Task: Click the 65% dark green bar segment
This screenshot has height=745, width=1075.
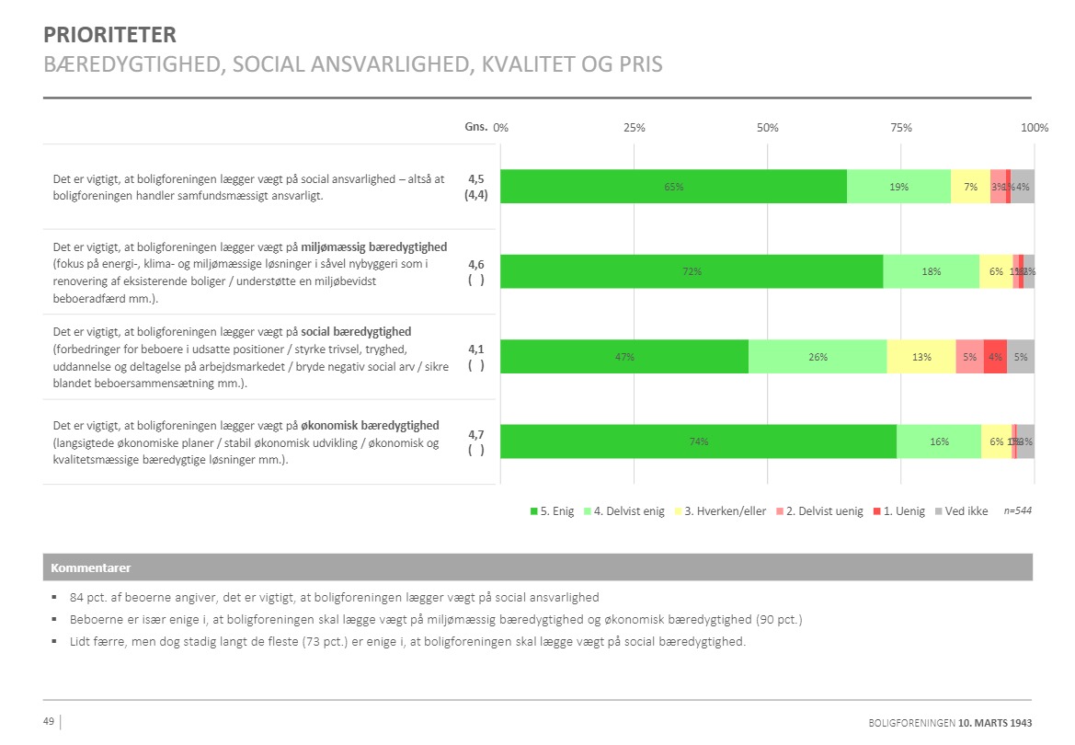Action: coord(673,187)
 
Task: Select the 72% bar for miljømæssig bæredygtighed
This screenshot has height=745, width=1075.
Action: coord(692,271)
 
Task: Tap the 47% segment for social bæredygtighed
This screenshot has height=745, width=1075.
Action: coord(624,357)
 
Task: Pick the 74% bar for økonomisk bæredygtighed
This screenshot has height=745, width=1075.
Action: coord(698,441)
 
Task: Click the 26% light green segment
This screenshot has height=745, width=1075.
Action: coord(818,357)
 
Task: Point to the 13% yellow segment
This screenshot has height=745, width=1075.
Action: coord(921,357)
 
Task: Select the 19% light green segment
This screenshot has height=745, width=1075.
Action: coord(898,187)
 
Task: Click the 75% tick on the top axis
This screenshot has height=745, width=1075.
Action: coord(901,128)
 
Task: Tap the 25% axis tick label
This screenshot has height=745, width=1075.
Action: coord(635,128)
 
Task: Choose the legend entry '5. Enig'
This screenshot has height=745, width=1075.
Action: coord(552,511)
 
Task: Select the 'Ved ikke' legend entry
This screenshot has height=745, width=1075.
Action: coord(961,511)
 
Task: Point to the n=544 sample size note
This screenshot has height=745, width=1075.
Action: coord(1017,510)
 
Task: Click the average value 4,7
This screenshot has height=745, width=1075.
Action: coord(476,434)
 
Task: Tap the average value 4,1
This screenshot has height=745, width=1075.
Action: coord(476,349)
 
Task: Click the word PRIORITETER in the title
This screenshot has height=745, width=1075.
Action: coord(109,36)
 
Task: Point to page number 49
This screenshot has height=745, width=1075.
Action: coord(49,721)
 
